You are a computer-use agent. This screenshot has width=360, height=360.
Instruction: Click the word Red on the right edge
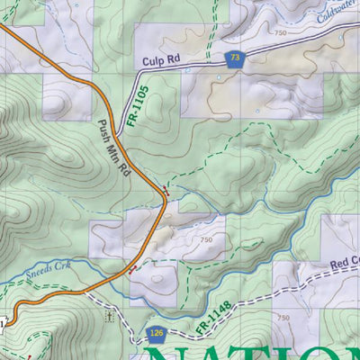(342, 268)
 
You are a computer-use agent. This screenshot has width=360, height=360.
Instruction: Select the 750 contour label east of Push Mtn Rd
(206, 240)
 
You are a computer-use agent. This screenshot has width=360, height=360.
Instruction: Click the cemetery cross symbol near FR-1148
(109, 317)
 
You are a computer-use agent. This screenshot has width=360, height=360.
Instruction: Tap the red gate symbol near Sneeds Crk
(134, 267)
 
